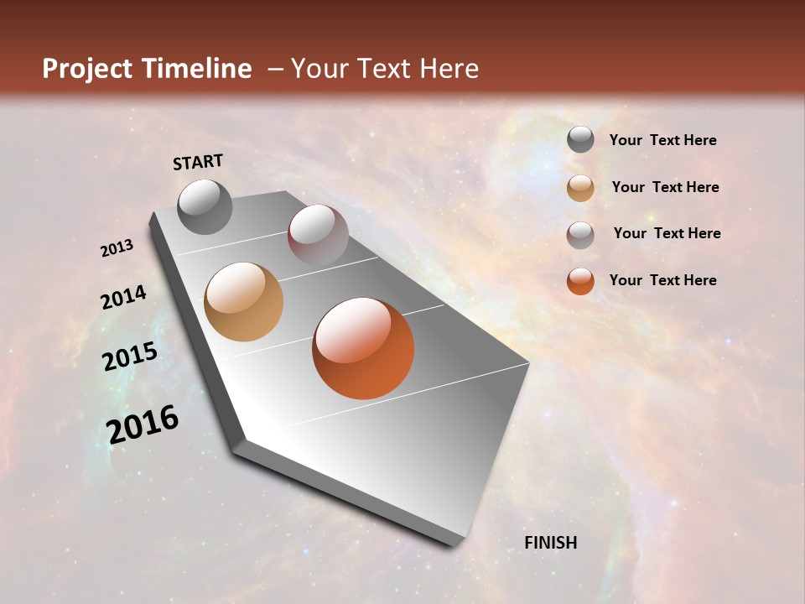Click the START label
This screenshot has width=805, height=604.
[x=198, y=162]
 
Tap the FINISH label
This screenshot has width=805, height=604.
[x=550, y=543]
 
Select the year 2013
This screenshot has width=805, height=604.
[x=117, y=248]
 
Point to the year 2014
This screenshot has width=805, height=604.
[x=123, y=297]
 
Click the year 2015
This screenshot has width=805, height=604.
[x=129, y=357]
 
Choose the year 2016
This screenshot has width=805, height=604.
[x=143, y=424]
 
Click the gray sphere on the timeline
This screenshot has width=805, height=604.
[x=205, y=206]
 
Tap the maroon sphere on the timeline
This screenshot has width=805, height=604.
[x=318, y=234]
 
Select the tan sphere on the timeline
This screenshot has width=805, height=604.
[x=243, y=302]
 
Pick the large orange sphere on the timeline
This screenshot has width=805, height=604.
[x=363, y=348]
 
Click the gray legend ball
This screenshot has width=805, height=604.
[x=580, y=140]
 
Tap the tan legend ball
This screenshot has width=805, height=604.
[x=580, y=188]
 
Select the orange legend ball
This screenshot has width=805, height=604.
[x=580, y=281]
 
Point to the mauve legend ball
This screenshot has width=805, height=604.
[x=580, y=235]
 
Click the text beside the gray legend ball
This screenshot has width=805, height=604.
[x=662, y=141]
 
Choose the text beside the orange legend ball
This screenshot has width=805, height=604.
[x=662, y=280]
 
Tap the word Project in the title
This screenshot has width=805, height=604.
[x=86, y=69]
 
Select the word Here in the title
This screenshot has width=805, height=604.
[x=449, y=69]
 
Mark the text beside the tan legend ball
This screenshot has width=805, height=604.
[x=665, y=187]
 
